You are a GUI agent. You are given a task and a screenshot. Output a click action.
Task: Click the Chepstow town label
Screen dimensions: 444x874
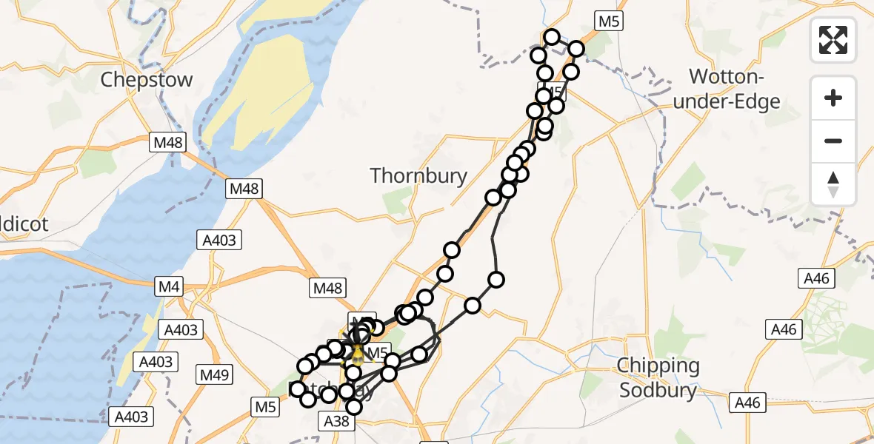click(147, 80)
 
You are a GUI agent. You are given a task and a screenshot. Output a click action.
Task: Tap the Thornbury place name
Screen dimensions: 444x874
click(418, 175)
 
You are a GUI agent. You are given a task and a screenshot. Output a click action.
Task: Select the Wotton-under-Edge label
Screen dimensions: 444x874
click(727, 88)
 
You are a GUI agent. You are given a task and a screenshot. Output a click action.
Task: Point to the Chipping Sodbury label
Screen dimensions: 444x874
click(658, 377)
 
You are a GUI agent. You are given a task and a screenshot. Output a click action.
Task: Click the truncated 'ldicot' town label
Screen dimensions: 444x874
click(25, 224)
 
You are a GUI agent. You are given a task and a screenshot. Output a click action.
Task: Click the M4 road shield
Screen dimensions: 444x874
click(170, 285)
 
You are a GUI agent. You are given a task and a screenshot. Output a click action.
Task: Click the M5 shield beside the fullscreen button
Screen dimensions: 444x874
click(607, 21)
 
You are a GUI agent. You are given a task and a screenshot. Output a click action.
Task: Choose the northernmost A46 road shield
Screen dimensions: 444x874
click(817, 278)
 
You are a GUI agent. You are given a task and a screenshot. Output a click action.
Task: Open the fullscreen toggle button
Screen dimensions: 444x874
click(833, 39)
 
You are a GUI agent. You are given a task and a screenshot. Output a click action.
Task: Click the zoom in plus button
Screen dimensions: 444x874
click(833, 98)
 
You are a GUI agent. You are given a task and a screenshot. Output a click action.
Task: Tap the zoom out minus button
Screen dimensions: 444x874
click(833, 141)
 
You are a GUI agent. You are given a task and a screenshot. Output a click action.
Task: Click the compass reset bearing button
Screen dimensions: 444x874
click(833, 184)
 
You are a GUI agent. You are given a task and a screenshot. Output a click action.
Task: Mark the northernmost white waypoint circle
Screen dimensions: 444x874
click(552, 37)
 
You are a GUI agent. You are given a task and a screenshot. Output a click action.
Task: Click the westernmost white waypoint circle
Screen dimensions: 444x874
click(298, 389)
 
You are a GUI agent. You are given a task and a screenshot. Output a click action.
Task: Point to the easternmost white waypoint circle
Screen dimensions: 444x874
click(576, 49)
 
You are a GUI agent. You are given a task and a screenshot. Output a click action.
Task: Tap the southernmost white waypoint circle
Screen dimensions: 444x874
click(354, 407)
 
